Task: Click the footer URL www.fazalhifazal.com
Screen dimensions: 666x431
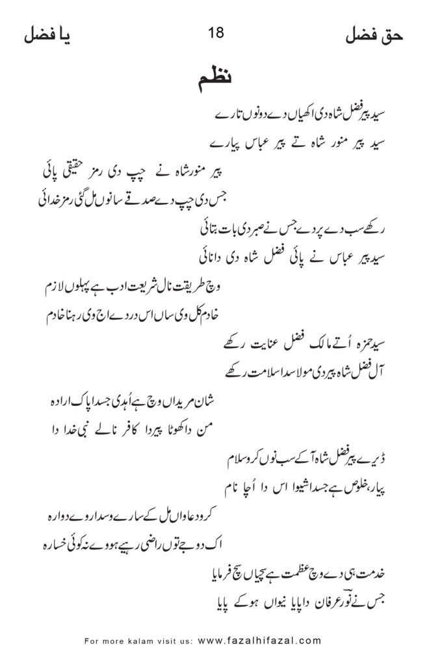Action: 259,640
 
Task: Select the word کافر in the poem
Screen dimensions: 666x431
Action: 127,427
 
